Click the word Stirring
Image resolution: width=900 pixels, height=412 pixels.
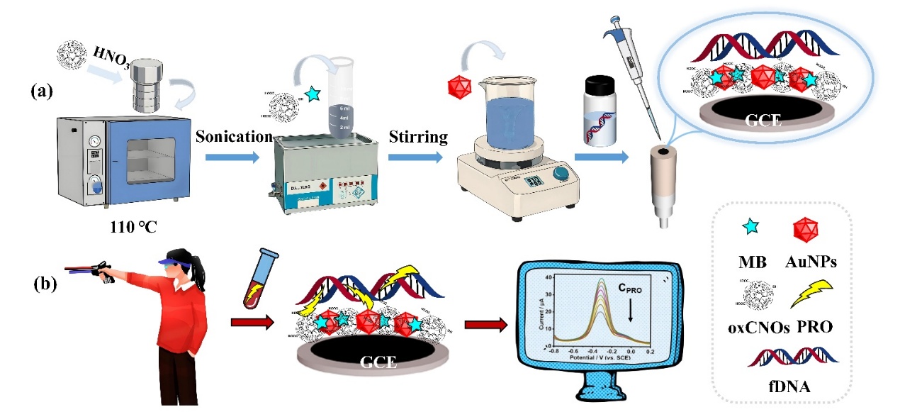click(x=418, y=137)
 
